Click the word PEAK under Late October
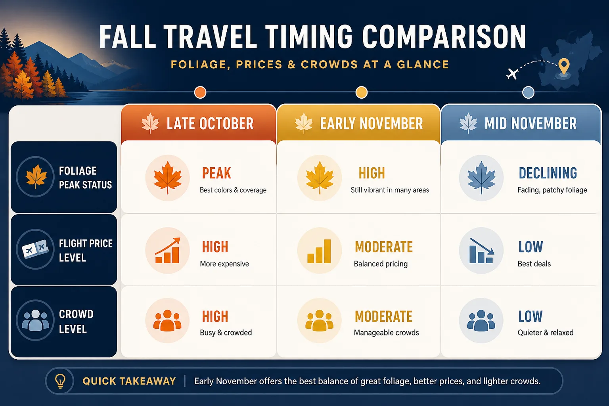(216, 173)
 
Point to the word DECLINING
(548, 173)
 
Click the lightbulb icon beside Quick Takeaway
(60, 381)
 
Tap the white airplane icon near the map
(512, 73)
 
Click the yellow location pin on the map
(564, 66)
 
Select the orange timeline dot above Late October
(200, 92)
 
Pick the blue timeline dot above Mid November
(528, 92)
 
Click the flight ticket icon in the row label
(35, 249)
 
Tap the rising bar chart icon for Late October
(167, 251)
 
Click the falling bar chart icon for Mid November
(481, 251)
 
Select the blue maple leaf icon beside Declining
(481, 178)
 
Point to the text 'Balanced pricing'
(381, 264)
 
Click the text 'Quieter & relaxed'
(546, 333)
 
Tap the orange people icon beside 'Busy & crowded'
(167, 321)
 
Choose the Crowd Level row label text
(76, 322)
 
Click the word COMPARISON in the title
(444, 37)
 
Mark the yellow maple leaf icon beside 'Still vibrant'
(320, 178)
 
